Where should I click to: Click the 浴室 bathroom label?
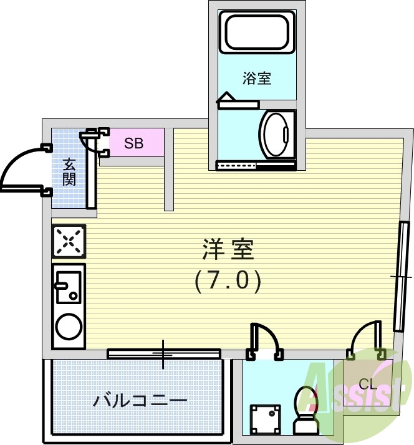[257, 79]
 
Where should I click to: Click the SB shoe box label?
[133, 143]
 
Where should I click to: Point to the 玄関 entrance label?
[69, 173]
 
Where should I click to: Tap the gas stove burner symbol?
[69, 241]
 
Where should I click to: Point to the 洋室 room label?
[228, 249]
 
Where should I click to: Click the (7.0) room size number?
[227, 281]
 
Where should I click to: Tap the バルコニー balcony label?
[140, 400]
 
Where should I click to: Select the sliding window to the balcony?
[164, 353]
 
